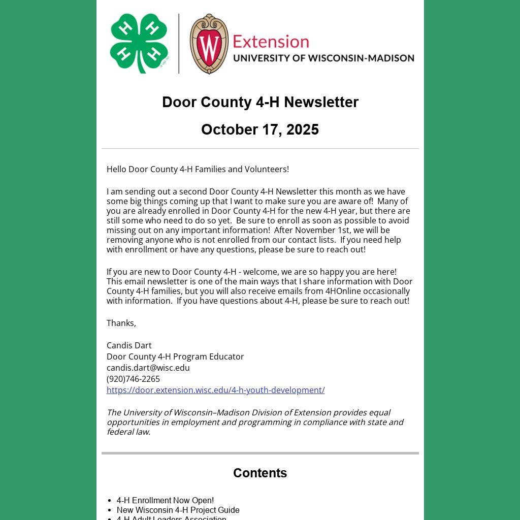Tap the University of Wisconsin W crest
pyautogui.click(x=209, y=44)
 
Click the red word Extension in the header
pyautogui.click(x=271, y=41)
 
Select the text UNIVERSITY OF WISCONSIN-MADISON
pyautogui.click(x=323, y=58)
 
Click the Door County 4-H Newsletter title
pyautogui.click(x=260, y=102)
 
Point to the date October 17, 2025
pyautogui.click(x=260, y=129)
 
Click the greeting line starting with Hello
pyautogui.click(x=198, y=169)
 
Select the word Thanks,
pyautogui.click(x=121, y=323)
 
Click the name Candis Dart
pyautogui.click(x=129, y=345)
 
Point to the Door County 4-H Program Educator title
pyautogui.click(x=175, y=356)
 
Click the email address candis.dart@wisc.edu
pyautogui.click(x=148, y=368)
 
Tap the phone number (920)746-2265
pyautogui.click(x=133, y=379)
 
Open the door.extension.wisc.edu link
pyautogui.click(x=215, y=390)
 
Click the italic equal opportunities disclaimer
pyautogui.click(x=255, y=422)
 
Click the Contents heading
pyautogui.click(x=260, y=473)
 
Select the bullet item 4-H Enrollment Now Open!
pyautogui.click(x=165, y=500)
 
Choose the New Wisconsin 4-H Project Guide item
pyautogui.click(x=178, y=510)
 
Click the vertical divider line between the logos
pyautogui.click(x=179, y=44)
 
